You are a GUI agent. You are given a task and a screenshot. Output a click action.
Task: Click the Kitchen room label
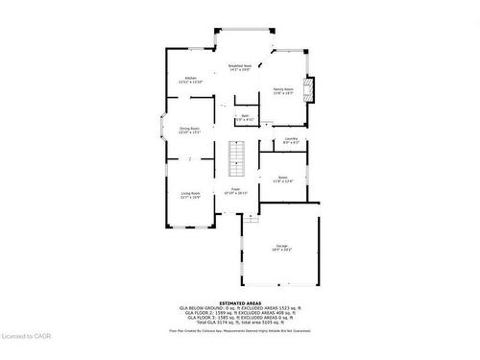(190, 80)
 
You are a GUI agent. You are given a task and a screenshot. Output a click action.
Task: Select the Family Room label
(283, 91)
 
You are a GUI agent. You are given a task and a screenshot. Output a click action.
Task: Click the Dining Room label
(190, 130)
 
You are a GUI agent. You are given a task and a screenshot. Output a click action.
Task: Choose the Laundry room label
(290, 141)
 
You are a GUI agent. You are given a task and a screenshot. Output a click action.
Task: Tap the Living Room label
(190, 195)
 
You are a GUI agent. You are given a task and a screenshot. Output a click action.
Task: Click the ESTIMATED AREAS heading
(239, 302)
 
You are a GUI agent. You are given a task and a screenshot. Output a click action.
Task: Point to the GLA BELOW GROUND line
(239, 308)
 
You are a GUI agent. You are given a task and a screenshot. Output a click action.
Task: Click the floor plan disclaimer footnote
(239, 330)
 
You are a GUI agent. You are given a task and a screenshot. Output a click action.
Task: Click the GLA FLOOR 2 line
(239, 313)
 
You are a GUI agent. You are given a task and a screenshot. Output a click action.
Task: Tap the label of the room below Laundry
(282, 179)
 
